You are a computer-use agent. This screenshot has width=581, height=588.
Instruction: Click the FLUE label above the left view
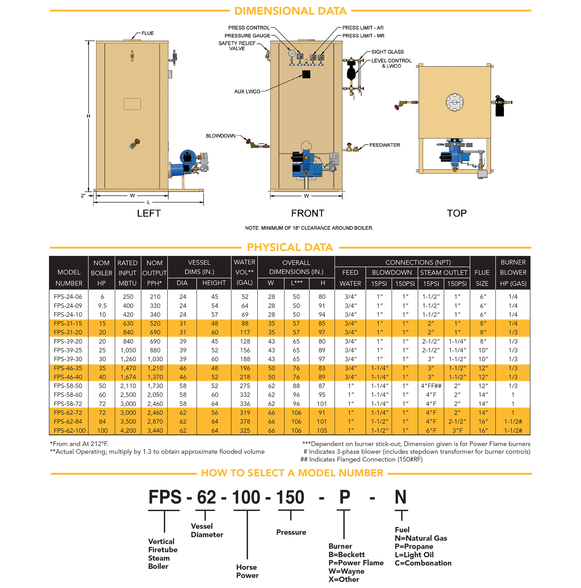tap(148, 33)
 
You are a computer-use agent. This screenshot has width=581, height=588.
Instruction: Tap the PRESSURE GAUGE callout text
tap(247, 36)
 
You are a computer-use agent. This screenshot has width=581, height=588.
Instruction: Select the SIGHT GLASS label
tap(388, 52)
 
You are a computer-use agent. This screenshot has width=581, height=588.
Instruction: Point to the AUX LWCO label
tap(247, 91)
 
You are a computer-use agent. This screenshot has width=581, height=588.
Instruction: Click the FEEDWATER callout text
tap(385, 145)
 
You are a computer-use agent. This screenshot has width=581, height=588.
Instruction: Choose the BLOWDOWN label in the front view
tap(221, 136)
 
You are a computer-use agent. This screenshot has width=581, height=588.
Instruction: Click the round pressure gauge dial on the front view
tap(292, 53)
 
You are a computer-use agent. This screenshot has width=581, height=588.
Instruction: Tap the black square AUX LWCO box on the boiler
tap(306, 74)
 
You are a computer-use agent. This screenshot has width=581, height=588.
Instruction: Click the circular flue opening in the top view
tap(454, 102)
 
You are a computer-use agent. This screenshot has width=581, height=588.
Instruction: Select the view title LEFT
tap(148, 213)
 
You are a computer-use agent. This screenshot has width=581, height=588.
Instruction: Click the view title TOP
tap(457, 213)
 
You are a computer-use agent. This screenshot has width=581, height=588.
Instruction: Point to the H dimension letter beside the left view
tap(88, 116)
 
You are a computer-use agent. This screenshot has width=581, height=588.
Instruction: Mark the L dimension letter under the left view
tap(148, 202)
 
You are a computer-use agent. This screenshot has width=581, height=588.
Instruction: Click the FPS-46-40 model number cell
tap(68, 377)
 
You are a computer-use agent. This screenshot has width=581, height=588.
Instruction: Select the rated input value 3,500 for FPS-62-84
tap(128, 422)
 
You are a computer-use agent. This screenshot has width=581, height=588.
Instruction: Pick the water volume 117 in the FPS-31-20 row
tap(245, 332)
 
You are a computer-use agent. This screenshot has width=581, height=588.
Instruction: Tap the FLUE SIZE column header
tap(482, 277)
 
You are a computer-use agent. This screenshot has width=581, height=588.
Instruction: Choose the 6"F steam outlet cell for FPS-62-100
tap(431, 430)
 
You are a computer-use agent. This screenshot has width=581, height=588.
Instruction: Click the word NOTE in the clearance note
tap(252, 228)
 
